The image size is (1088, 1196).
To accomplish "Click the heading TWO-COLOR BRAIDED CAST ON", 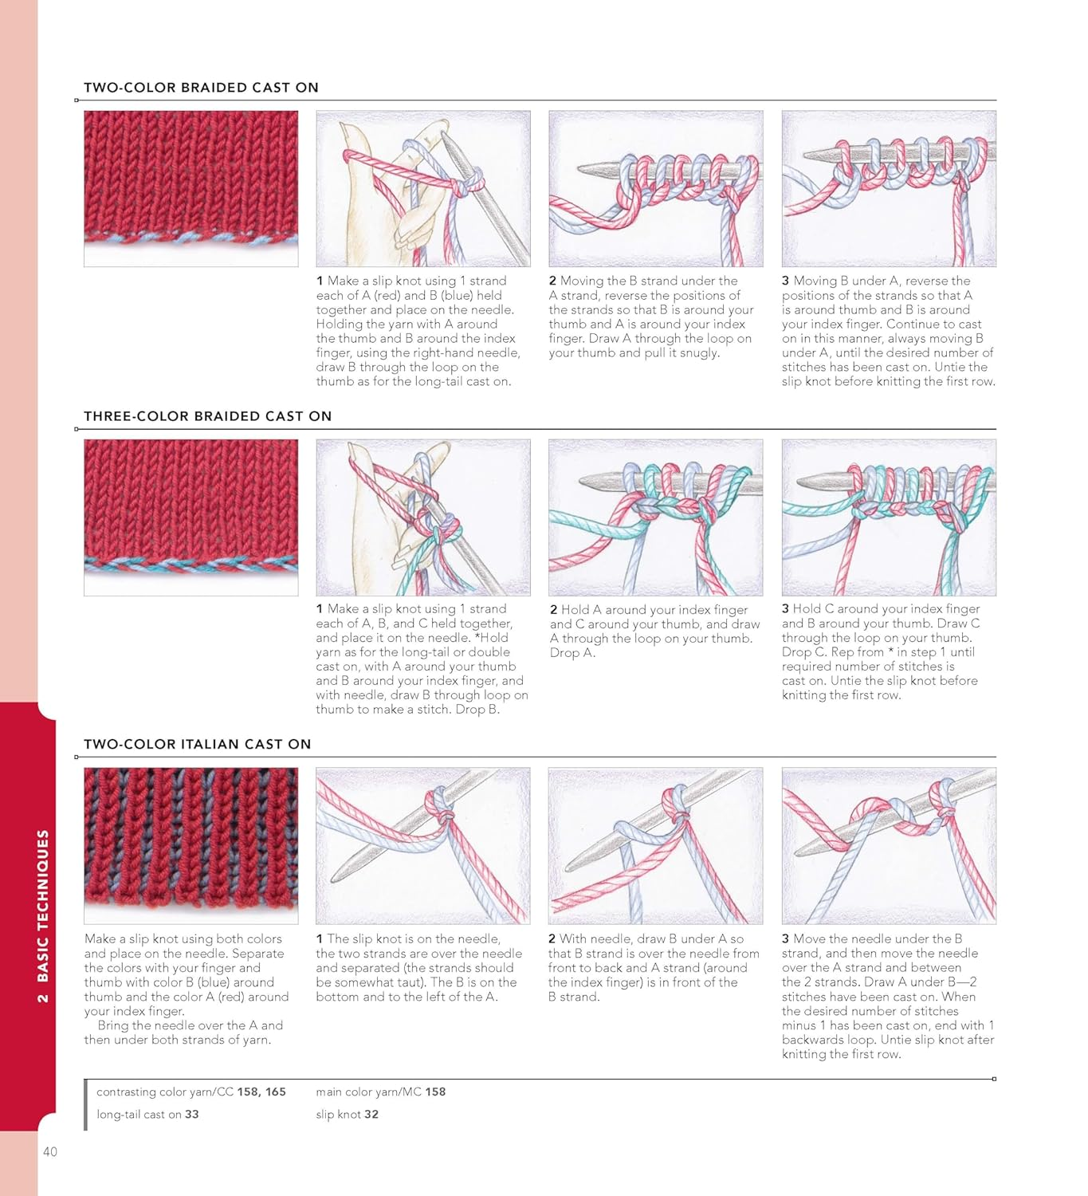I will pos(201,88).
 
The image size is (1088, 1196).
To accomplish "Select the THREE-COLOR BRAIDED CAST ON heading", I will pos(207,416).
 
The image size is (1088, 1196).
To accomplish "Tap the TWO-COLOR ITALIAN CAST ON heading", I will pos(197,744).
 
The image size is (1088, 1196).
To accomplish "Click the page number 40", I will pos(50,1151).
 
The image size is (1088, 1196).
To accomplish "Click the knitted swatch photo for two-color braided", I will pos(191,188).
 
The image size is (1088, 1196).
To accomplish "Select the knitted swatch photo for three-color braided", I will pos(191,517).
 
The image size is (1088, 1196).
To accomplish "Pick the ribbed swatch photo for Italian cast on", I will pos(191,845).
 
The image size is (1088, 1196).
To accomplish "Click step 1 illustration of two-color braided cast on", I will pos(423,188).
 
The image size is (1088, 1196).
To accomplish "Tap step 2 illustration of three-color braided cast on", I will pos(655,517).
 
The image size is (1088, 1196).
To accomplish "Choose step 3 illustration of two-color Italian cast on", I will pos(889,845).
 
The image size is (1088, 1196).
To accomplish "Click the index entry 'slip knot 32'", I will pos(347,1114).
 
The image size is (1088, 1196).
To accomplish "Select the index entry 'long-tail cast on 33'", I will pos(147,1114).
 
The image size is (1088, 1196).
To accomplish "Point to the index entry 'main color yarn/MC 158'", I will pos(380,1092).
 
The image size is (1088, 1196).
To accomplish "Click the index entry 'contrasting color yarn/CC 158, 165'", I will pos(190,1092).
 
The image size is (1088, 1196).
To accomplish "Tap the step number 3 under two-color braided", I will pos(785,281).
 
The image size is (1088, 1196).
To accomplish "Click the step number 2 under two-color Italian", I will pos(552,939).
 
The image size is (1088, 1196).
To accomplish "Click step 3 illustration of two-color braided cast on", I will pos(889,188).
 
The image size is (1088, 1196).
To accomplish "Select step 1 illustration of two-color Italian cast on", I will pos(423,845).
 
